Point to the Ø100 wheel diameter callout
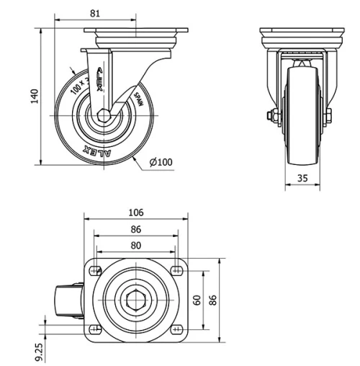point(161,161)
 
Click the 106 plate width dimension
point(136,212)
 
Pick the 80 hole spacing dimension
point(136,246)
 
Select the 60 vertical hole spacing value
point(194,299)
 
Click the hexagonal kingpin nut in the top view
point(135,300)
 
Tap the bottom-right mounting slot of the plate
point(176,329)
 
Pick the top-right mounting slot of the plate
point(176,270)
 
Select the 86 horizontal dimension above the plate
point(136,229)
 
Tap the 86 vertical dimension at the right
point(212,299)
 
